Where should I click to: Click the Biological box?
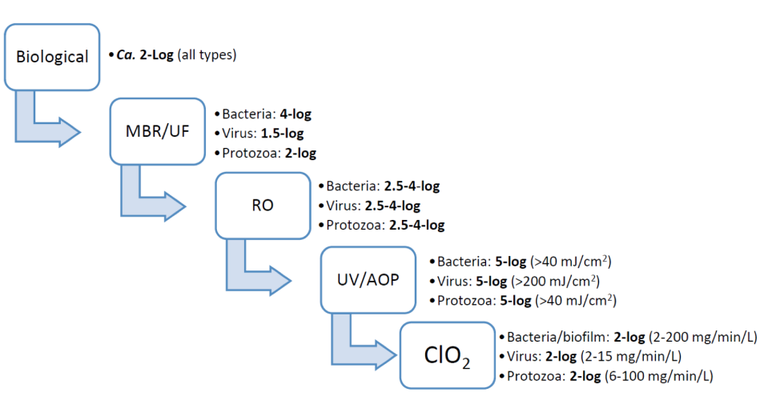[53, 57]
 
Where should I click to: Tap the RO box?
[263, 206]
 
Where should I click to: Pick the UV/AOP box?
[368, 280]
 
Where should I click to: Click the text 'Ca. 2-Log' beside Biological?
[147, 55]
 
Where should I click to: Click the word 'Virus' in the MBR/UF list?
[238, 133]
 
